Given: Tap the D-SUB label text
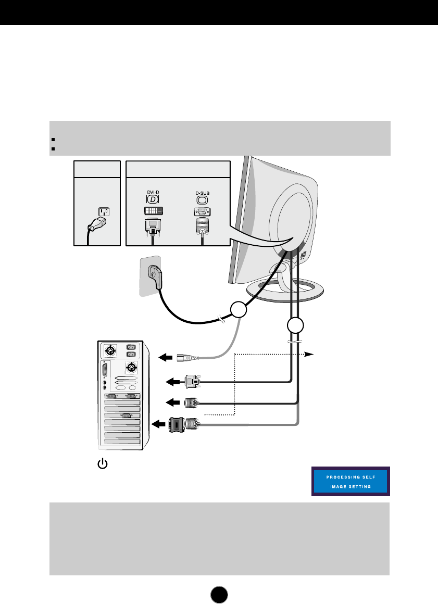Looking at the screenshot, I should coord(202,193).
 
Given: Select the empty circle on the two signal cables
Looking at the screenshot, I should coord(295,327).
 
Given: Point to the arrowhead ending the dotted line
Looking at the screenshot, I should coord(309,354).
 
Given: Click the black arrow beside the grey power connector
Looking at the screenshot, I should coord(165,357).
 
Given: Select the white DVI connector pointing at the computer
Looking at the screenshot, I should coord(192,382).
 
